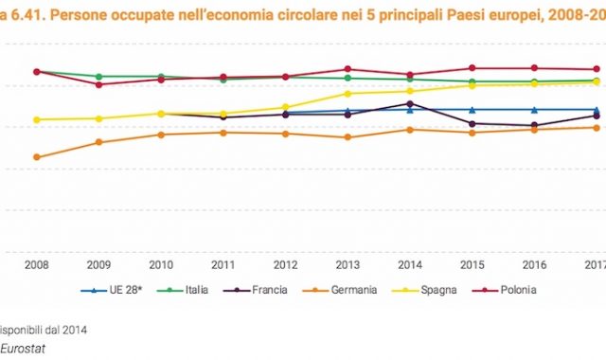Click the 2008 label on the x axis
click(36, 264)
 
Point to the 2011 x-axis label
click(223, 264)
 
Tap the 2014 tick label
click(409, 264)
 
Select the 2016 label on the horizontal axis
click(534, 264)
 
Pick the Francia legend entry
click(269, 290)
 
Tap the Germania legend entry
click(353, 290)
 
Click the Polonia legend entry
click(510, 290)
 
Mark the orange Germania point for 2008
click(36, 157)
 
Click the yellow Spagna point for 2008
click(36, 119)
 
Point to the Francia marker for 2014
click(409, 103)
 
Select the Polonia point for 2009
click(98, 84)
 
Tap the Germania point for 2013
click(348, 137)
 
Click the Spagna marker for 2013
click(348, 94)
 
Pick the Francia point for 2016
click(534, 125)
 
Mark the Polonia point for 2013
click(348, 69)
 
